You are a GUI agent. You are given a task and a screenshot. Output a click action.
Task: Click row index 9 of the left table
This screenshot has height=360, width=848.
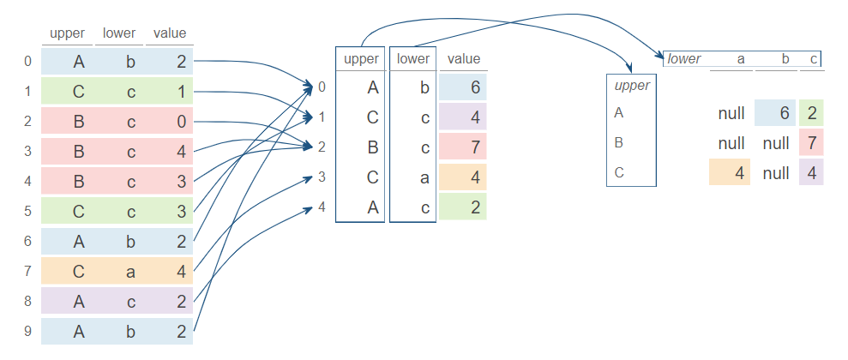point(27,332)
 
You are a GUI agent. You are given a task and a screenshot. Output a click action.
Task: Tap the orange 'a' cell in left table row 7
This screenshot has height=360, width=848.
point(131,272)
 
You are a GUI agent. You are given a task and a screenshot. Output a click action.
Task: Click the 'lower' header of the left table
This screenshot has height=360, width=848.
point(119,33)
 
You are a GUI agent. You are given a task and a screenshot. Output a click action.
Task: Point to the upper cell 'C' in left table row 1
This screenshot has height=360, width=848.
point(78,92)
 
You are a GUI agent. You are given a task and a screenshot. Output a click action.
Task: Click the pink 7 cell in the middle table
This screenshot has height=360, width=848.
point(464,147)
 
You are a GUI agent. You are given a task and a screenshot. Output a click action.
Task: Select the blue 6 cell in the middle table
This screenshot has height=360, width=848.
point(464,87)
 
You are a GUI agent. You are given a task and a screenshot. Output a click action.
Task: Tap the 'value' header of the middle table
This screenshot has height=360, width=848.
point(464,59)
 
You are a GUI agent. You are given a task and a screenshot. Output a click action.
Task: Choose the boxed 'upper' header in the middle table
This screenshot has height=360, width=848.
point(360,59)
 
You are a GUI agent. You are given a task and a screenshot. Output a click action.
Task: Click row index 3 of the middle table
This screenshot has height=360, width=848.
point(322,177)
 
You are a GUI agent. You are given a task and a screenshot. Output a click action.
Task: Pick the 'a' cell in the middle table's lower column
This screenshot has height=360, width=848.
point(413,177)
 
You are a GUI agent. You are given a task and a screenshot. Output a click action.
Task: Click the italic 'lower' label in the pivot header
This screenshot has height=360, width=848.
point(684,59)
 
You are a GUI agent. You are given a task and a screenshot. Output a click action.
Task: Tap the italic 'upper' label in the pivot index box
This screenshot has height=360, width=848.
point(632,86)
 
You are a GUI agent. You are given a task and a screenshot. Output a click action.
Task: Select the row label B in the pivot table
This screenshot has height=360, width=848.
point(619,141)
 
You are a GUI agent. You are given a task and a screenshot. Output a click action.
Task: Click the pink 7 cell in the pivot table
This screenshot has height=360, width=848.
point(811,142)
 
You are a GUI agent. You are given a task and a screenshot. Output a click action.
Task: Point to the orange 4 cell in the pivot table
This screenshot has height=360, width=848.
point(730,172)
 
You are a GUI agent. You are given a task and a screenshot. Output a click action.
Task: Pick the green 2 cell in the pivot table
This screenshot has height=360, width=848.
point(811,112)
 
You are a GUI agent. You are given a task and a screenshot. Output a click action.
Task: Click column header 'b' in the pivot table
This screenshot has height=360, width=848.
point(785,59)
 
